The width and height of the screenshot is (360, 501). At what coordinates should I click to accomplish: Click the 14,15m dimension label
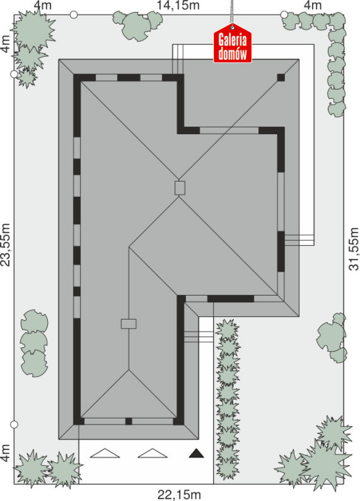click(x=178, y=5)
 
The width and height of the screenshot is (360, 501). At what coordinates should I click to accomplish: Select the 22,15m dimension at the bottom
click(x=179, y=495)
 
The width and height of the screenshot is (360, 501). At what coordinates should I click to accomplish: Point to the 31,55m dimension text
click(x=354, y=249)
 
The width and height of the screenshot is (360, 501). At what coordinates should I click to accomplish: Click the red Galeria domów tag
click(x=232, y=43)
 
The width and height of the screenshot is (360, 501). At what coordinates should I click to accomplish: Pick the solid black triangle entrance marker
click(x=196, y=453)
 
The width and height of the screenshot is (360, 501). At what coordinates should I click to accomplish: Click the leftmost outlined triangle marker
click(x=105, y=453)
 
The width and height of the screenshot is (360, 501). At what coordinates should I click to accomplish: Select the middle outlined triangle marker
click(x=152, y=453)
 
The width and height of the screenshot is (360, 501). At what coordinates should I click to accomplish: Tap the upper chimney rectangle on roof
click(x=180, y=188)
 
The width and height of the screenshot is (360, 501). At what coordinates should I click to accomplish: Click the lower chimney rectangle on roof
click(x=128, y=324)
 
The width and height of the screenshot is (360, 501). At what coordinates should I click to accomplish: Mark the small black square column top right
click(x=281, y=77)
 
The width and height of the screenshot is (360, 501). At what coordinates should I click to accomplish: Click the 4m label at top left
click(x=42, y=5)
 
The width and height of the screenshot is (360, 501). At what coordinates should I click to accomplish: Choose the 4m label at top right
click(x=312, y=5)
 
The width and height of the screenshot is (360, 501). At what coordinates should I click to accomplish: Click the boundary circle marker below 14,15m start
click(x=74, y=14)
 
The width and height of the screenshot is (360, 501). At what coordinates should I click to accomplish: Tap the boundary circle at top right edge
click(x=284, y=14)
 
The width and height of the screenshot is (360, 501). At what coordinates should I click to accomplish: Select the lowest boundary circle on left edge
click(x=14, y=424)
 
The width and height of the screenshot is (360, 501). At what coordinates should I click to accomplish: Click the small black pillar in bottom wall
click(x=128, y=421)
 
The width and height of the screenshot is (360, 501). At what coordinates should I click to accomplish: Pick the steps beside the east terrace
click(x=299, y=240)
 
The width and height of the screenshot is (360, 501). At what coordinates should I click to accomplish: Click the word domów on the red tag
click(x=232, y=54)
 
